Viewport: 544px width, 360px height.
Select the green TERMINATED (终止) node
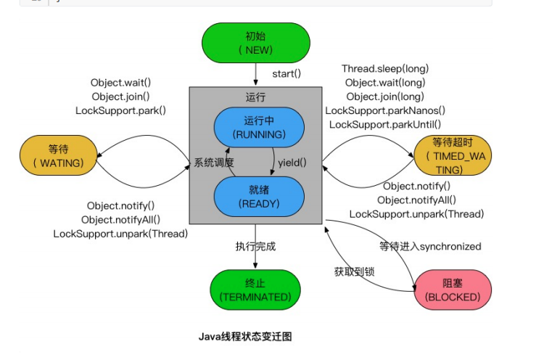(255, 289)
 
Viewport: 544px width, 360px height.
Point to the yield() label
(292, 163)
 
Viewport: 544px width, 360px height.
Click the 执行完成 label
(255, 247)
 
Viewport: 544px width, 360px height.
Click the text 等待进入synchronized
(430, 247)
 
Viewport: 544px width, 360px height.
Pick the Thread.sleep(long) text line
(385, 69)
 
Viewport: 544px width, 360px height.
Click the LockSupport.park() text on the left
(120, 110)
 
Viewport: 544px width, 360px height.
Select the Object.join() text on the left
(120, 97)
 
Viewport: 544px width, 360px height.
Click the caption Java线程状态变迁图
(245, 337)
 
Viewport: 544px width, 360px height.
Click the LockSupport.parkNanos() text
(385, 110)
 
